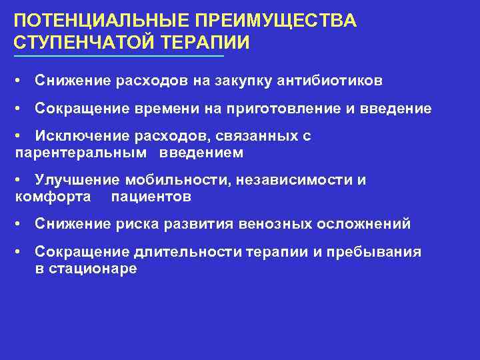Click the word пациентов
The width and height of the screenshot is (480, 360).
click(x=151, y=197)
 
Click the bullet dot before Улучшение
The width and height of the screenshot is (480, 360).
click(x=22, y=181)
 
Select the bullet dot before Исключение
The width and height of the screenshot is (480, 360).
click(x=22, y=137)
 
